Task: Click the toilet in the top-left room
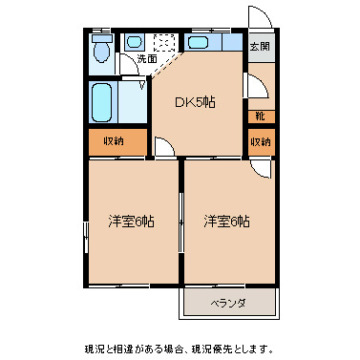101,50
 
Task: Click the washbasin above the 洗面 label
134,42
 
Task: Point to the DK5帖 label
193,102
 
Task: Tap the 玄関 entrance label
260,46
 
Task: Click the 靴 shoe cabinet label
260,116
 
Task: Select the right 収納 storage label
260,142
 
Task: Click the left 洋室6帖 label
131,221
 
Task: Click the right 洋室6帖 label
226,221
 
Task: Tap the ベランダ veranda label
228,304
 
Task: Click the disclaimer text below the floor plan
180,348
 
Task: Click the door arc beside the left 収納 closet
163,148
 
